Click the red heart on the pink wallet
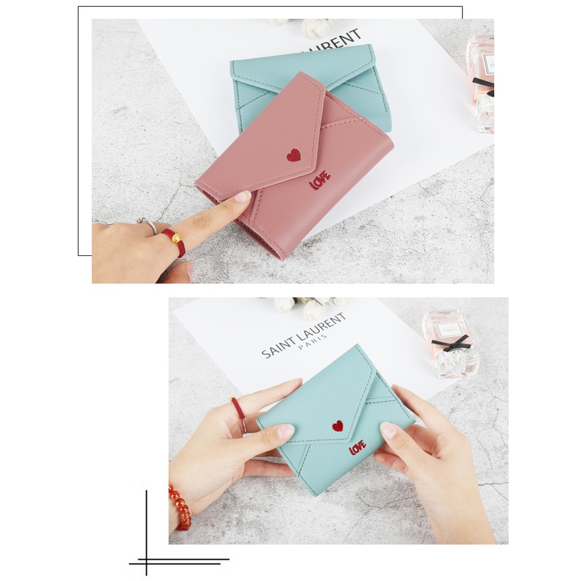click(293, 155)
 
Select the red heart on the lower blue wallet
click(338, 426)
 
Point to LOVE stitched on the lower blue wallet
click(357, 448)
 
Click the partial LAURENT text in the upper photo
click(333, 40)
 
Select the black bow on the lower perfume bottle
click(451, 343)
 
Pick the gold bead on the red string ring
click(177, 238)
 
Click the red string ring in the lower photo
click(237, 409)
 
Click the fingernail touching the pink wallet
click(242, 197)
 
